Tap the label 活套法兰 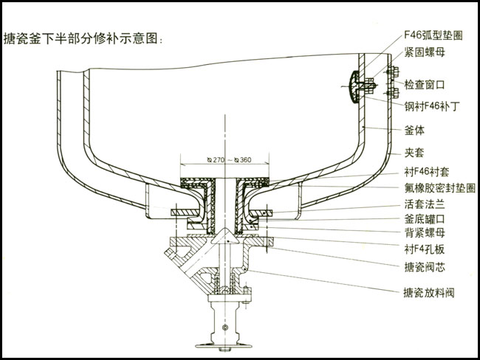424,204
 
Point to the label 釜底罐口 424,219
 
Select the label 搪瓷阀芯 424,266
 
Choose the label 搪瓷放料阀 428,293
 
